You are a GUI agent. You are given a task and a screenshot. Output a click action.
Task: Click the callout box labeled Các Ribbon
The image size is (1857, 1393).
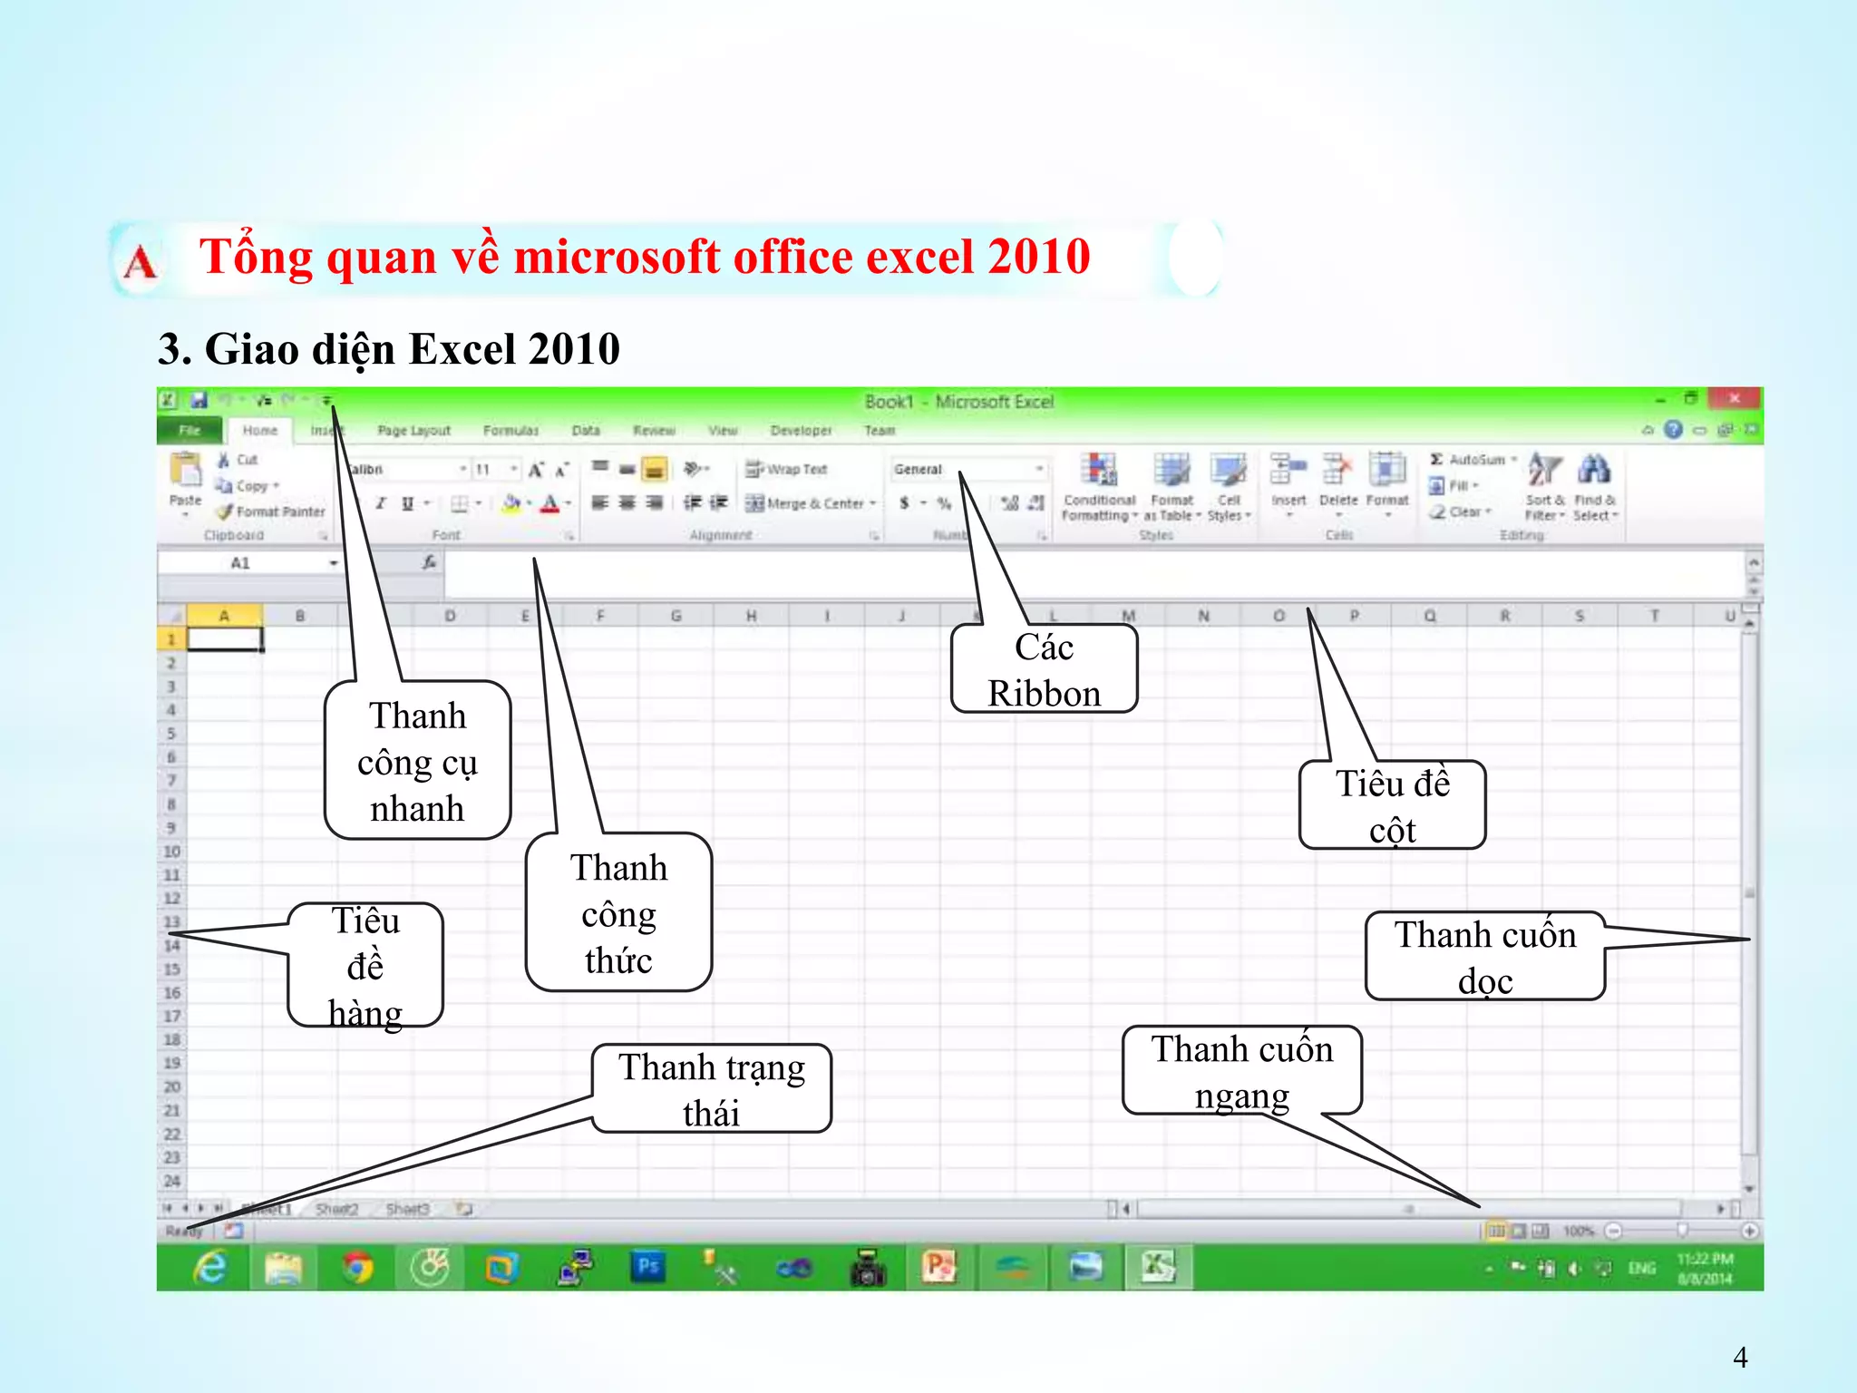(x=1044, y=669)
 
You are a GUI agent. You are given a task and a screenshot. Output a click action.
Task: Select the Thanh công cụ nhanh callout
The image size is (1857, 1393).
(x=418, y=761)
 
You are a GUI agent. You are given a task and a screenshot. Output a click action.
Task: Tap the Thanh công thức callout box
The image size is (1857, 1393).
(x=618, y=912)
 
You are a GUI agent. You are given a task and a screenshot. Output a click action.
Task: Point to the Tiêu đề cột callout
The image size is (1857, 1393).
(x=1392, y=805)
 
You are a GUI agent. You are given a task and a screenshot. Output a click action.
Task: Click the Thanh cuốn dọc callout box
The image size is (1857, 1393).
(x=1484, y=957)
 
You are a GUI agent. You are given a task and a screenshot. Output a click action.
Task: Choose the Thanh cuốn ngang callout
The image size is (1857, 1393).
(x=1241, y=1071)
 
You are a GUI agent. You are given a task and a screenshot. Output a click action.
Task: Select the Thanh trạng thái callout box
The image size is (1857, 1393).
(x=712, y=1088)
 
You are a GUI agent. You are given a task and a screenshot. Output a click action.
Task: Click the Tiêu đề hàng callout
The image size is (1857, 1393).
(x=365, y=965)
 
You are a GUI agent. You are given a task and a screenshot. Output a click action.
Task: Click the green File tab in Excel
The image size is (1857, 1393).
(x=190, y=431)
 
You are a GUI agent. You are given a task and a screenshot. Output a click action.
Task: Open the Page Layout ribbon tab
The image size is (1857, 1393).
(x=413, y=431)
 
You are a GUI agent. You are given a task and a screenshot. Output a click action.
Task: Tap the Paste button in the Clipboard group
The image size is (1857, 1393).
(x=186, y=481)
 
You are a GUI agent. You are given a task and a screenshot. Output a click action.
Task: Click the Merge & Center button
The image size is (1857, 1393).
(x=812, y=503)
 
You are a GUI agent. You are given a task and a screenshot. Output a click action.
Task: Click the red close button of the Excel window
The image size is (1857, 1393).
(x=1734, y=399)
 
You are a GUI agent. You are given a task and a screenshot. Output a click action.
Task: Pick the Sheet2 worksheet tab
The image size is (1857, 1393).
(x=337, y=1209)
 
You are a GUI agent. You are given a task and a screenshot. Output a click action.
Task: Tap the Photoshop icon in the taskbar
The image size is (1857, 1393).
(x=648, y=1267)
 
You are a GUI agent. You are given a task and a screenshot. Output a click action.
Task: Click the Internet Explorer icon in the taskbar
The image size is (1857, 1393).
(x=210, y=1267)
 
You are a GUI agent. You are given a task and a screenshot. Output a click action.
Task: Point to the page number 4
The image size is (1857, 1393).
(x=1740, y=1357)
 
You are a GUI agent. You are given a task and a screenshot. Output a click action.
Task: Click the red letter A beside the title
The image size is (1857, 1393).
(x=140, y=263)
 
